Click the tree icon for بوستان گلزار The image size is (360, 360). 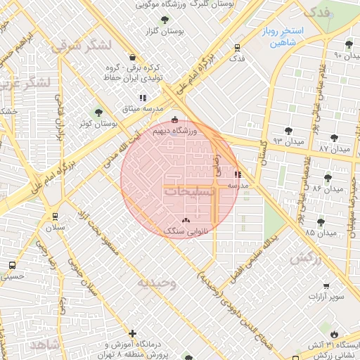click(x=165, y=20)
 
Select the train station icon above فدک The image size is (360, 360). click(x=237, y=49)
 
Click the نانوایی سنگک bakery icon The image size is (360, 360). click(x=186, y=220)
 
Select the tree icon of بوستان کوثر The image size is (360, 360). click(x=98, y=112)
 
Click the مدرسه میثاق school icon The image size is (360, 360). click(x=143, y=98)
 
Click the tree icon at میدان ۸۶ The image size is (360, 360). click(x=327, y=177)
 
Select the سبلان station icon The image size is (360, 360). click(x=55, y=217)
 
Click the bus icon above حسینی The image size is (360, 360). click(x=12, y=266)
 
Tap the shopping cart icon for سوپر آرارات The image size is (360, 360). click(x=326, y=286)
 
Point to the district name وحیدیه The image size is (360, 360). click(x=155, y=283)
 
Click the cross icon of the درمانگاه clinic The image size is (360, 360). click(x=132, y=333)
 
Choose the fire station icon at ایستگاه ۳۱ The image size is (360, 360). click(x=333, y=334)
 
